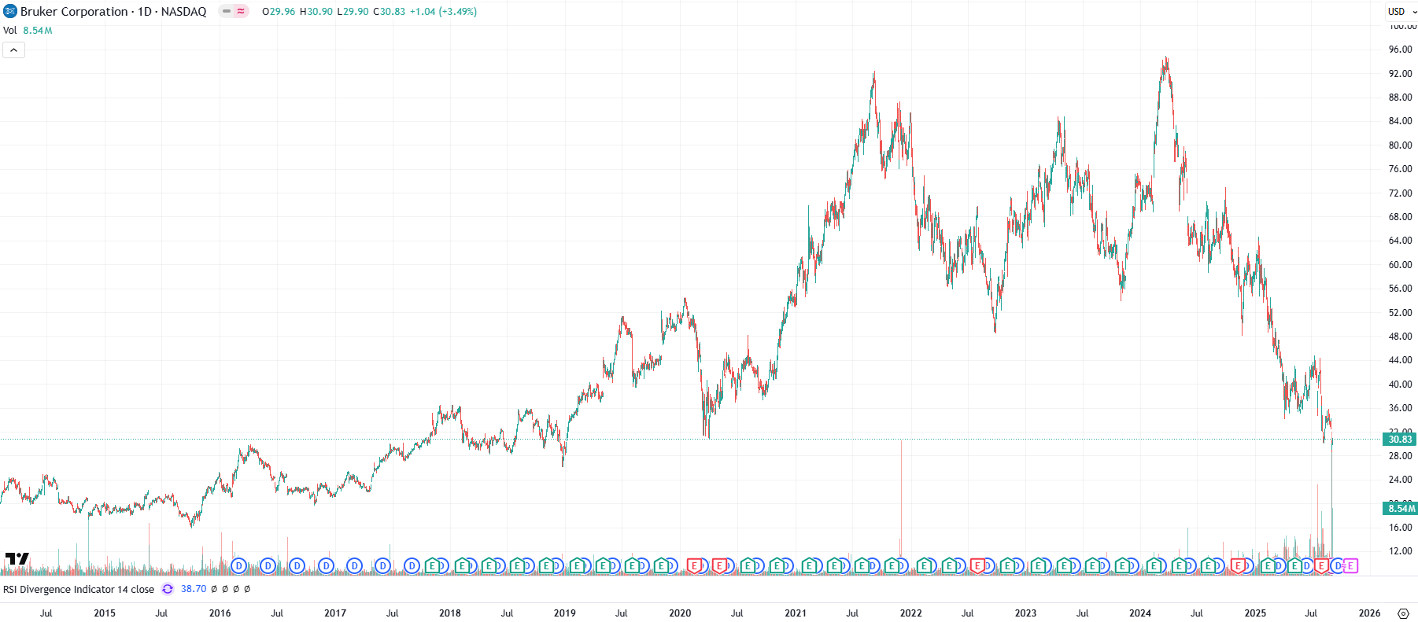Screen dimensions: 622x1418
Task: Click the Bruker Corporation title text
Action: pyautogui.click(x=74, y=12)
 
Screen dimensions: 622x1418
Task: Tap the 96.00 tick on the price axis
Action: pyautogui.click(x=1400, y=50)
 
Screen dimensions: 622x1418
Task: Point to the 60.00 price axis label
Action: pyautogui.click(x=1400, y=265)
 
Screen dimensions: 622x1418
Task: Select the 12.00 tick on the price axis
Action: pyautogui.click(x=1400, y=551)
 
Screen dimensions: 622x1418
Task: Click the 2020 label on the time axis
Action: pyautogui.click(x=680, y=613)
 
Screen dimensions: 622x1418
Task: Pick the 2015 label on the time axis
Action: pyautogui.click(x=105, y=613)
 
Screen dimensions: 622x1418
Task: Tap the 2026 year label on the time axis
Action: pyautogui.click(x=1369, y=613)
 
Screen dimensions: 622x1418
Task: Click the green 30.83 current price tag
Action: pyautogui.click(x=1400, y=440)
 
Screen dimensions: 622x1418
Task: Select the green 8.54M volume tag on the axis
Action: pyautogui.click(x=1400, y=509)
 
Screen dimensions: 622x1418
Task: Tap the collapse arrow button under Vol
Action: pyautogui.click(x=13, y=50)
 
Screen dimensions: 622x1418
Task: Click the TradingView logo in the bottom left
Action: pyautogui.click(x=17, y=559)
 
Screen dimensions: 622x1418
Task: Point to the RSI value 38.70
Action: pyautogui.click(x=194, y=589)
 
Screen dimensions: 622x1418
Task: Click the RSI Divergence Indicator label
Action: pyautogui.click(x=79, y=589)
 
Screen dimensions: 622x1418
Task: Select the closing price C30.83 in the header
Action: pyautogui.click(x=389, y=12)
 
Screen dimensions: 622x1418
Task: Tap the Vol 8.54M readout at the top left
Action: pyautogui.click(x=28, y=31)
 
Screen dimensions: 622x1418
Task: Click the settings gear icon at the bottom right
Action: pyautogui.click(x=1403, y=613)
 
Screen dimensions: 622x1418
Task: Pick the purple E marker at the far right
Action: pyautogui.click(x=1350, y=565)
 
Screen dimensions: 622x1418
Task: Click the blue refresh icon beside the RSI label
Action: pyautogui.click(x=168, y=589)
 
